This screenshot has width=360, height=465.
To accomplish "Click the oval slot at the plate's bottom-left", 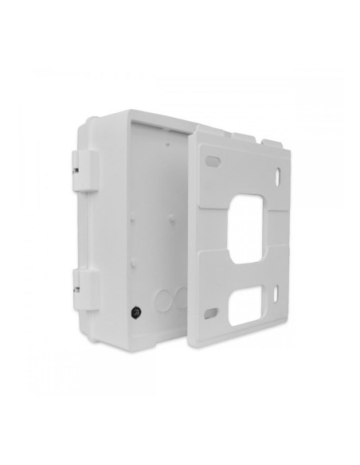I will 211,311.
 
